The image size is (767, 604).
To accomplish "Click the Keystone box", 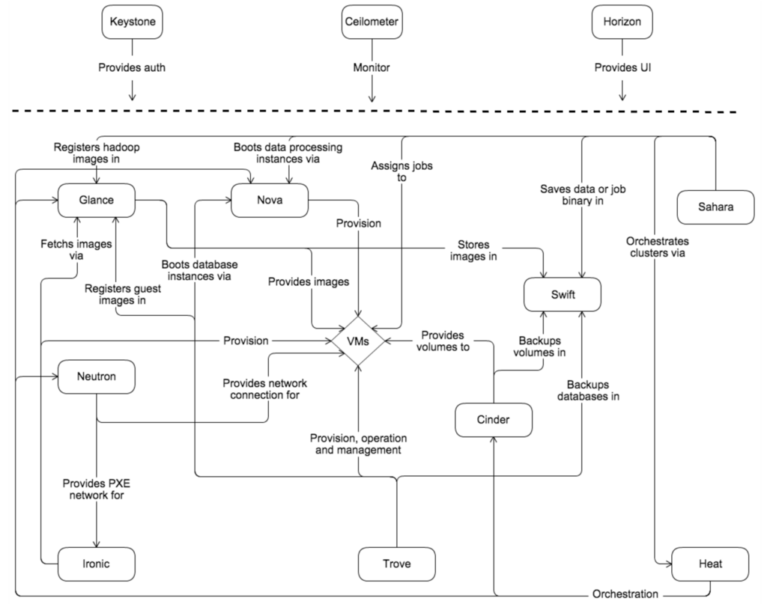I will [133, 22].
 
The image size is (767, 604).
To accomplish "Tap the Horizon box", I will [622, 22].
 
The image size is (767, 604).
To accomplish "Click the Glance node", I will [96, 201].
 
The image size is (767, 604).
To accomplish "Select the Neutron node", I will [96, 376].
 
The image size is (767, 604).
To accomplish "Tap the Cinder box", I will [494, 420].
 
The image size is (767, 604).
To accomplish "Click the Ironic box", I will [96, 564].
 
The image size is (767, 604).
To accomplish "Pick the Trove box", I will [396, 564].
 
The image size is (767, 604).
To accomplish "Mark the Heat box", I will [709, 564].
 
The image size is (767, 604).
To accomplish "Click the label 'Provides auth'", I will [133, 67].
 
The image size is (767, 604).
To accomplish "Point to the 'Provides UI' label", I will [622, 67].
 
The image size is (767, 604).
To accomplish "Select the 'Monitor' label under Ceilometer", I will [372, 67].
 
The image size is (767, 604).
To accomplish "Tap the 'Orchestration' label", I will [625, 594].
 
